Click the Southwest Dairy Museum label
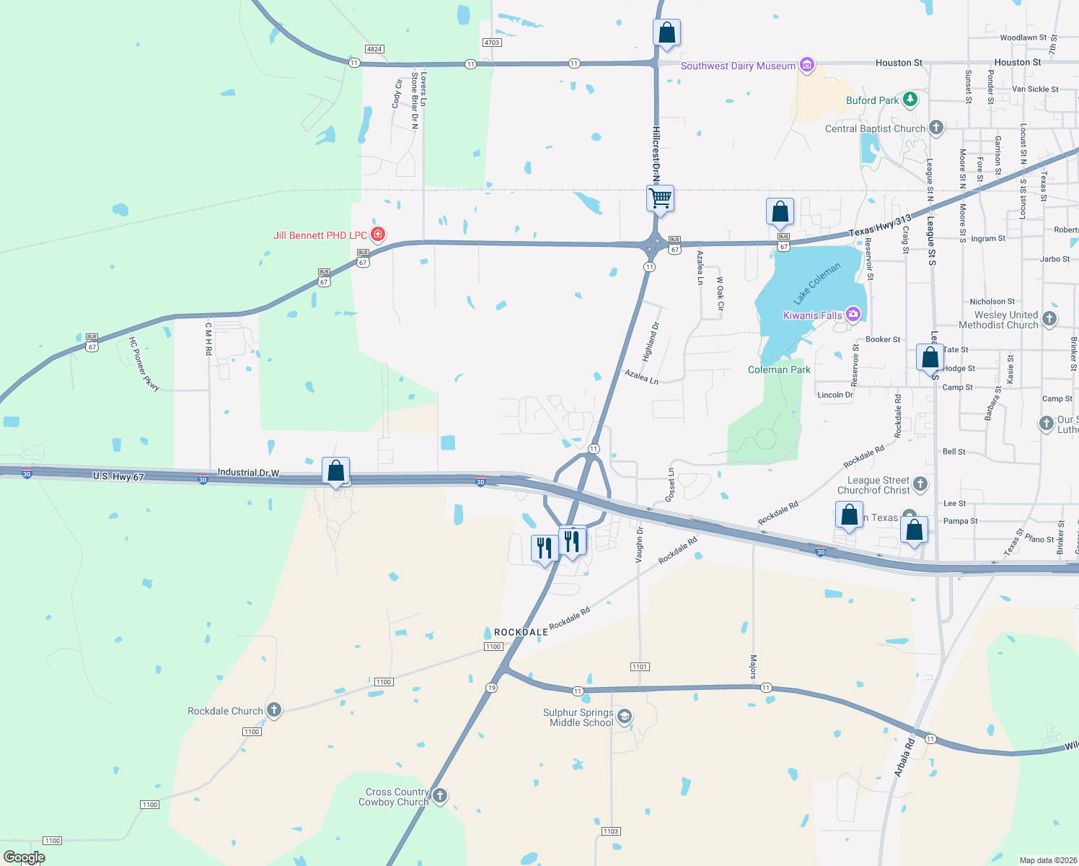738,66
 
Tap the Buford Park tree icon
910,100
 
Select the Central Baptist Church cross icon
935,128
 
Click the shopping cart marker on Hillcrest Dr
661,198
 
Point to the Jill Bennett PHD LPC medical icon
377,235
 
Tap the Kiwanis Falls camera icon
853,314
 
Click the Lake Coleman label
817,284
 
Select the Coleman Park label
779,369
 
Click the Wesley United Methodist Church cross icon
1049,318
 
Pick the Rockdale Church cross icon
273,710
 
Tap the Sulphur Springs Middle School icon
625,717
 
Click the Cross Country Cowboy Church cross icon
439,796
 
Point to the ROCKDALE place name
521,632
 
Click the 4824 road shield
374,49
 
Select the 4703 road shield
491,43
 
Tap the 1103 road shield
611,831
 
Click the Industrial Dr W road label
248,473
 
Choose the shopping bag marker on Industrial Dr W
336,471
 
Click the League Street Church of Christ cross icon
920,484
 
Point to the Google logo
24,857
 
